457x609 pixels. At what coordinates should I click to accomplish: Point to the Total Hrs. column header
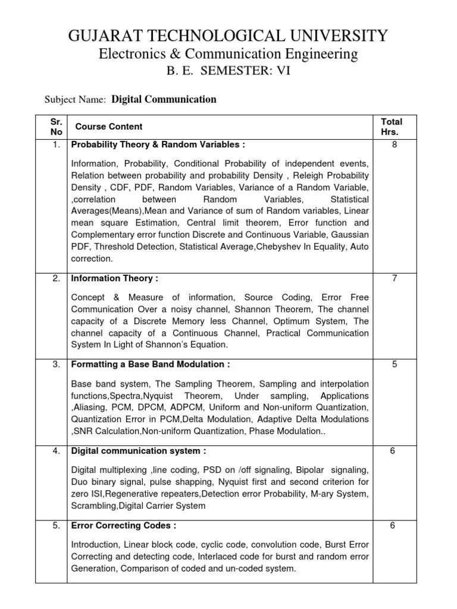coord(392,127)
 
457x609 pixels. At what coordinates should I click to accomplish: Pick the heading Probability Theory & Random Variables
coord(158,145)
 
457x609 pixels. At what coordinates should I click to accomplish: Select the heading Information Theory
coord(115,278)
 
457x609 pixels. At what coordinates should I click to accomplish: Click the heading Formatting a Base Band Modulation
coord(151,364)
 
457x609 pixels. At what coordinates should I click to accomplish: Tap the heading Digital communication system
coord(139,451)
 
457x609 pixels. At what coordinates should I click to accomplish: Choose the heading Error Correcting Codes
coord(124,526)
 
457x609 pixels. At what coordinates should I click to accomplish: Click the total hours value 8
coord(394,145)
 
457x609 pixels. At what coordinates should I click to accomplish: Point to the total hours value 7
coord(394,278)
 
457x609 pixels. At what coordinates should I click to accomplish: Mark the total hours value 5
coord(394,364)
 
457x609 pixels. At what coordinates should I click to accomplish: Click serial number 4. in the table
coord(56,451)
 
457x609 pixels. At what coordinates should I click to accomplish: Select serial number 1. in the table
coord(56,145)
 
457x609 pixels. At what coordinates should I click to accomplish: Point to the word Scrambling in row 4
coord(94,506)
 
